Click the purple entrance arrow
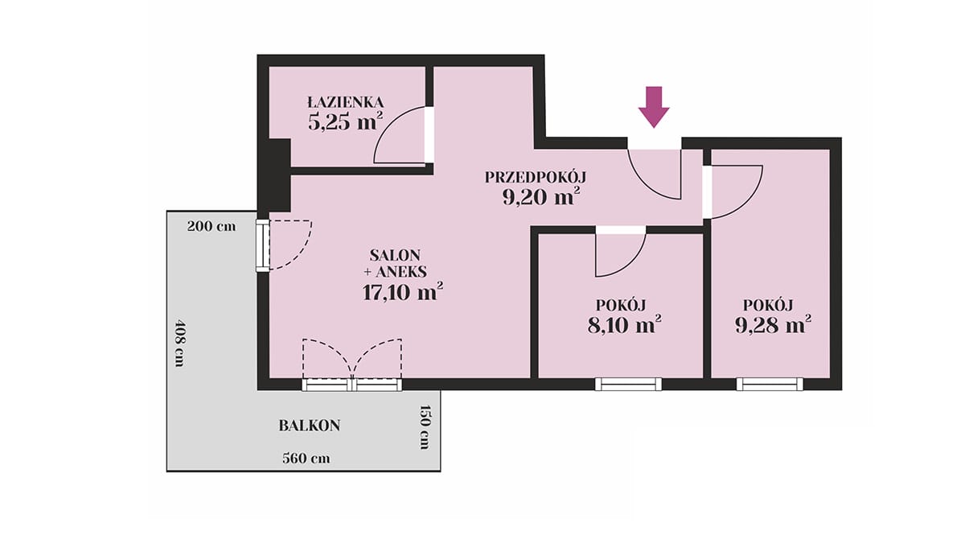(x=654, y=107)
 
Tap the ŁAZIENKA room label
(x=346, y=102)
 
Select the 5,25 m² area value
(x=346, y=122)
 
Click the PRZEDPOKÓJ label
(x=536, y=177)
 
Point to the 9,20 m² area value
(x=540, y=197)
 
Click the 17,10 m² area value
(x=403, y=292)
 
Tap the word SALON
(x=395, y=255)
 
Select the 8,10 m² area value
(x=625, y=324)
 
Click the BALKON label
(x=310, y=426)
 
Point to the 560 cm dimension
(x=306, y=458)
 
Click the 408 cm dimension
(x=179, y=342)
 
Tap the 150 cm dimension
(x=425, y=427)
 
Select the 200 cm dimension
(x=211, y=226)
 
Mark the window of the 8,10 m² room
(x=629, y=384)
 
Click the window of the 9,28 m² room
(x=770, y=384)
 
